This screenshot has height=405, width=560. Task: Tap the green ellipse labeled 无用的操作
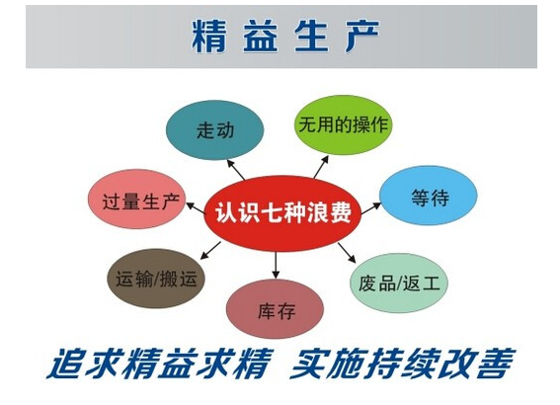[343, 125]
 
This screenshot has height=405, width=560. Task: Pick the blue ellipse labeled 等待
[429, 198]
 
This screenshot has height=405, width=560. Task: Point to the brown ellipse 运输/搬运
[151, 280]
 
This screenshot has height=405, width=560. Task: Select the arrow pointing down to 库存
[277, 266]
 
